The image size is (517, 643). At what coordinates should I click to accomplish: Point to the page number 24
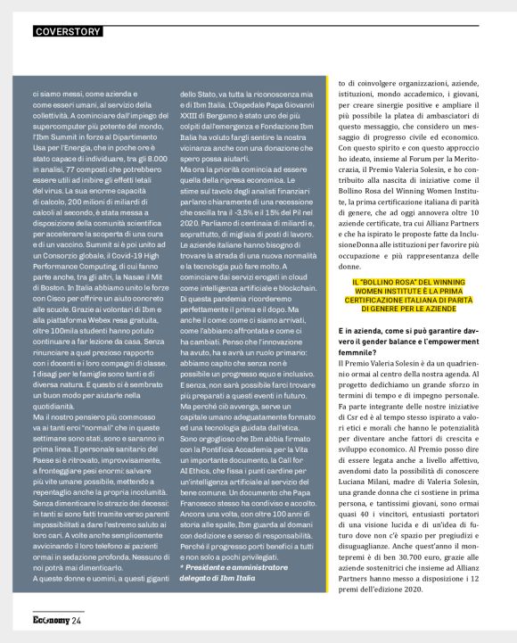[78, 621]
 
